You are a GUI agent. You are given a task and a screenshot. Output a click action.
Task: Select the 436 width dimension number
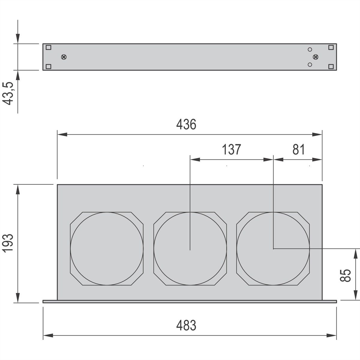(186, 124)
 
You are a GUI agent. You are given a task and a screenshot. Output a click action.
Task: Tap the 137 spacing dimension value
(231, 149)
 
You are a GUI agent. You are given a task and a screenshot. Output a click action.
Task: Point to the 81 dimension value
(298, 149)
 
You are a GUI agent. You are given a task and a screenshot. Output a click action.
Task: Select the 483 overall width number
(186, 325)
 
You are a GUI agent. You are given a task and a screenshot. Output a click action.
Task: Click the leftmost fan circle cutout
(107, 249)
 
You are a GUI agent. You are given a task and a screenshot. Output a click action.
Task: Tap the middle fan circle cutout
(190, 249)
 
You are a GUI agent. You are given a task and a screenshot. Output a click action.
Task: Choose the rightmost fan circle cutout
(273, 249)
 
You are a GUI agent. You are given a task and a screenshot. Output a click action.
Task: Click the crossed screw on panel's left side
(64, 57)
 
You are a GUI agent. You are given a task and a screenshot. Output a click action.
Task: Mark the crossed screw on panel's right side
(316, 57)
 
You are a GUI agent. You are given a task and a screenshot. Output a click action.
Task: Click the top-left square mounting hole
(49, 47)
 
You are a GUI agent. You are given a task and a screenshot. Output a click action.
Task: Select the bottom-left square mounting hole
(49, 66)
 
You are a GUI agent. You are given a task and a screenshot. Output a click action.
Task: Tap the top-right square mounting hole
(331, 47)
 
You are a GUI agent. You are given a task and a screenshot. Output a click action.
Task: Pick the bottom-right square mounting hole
(331, 66)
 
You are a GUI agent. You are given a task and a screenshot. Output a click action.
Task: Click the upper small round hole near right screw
(310, 49)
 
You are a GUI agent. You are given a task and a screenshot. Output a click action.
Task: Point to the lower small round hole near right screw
(310, 64)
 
